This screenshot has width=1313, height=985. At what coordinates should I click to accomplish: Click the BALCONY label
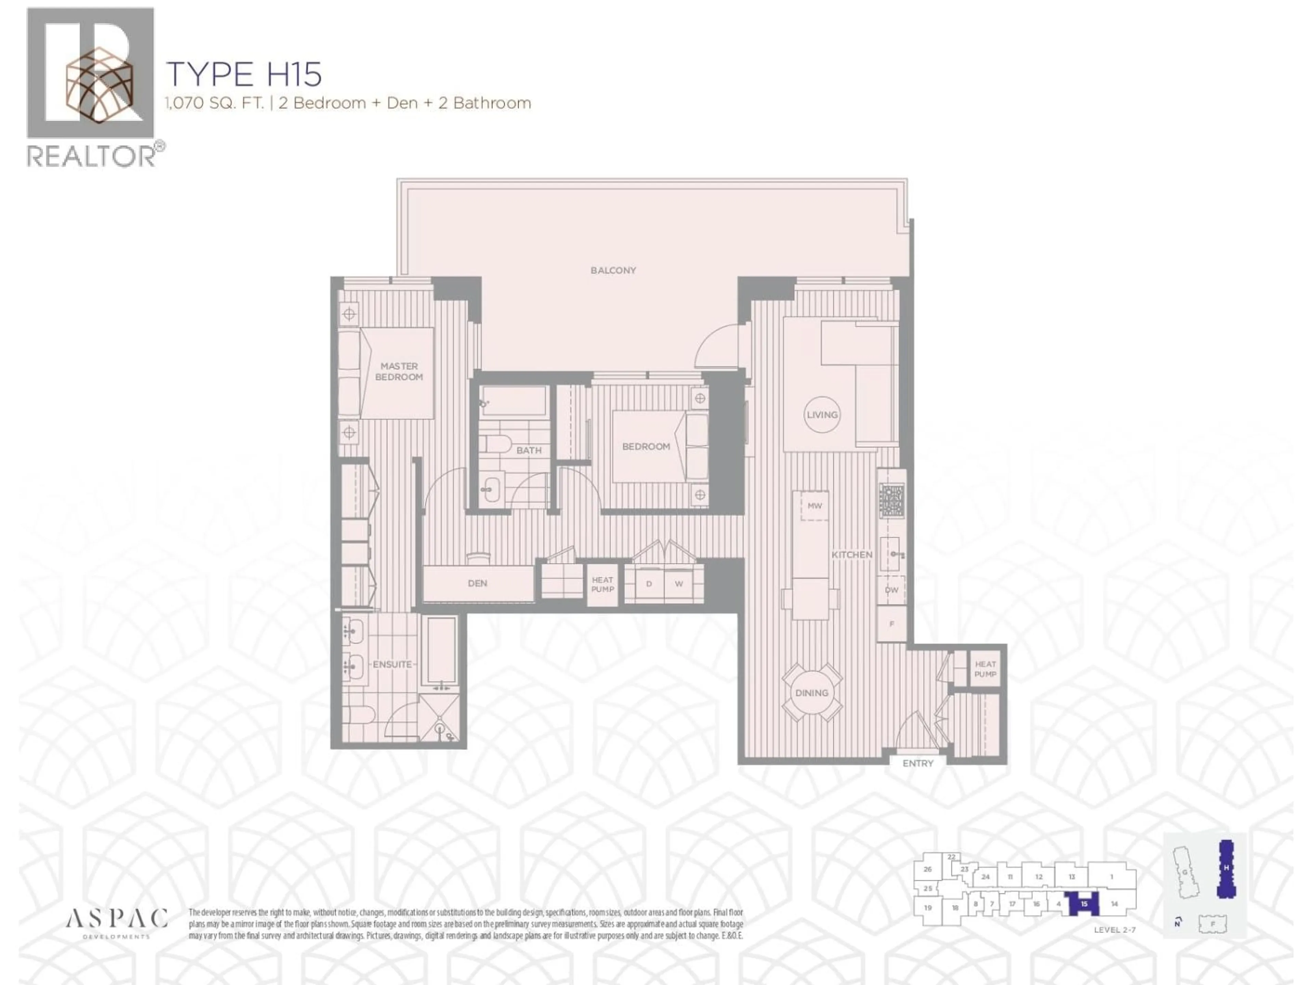[613, 270]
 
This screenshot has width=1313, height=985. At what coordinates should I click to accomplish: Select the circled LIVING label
[822, 415]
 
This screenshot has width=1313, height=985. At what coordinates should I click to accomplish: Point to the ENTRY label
[918, 763]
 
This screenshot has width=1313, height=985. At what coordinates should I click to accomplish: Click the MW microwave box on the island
[814, 506]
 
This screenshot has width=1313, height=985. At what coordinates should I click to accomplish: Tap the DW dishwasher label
[891, 590]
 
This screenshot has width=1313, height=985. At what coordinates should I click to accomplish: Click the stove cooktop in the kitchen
[891, 500]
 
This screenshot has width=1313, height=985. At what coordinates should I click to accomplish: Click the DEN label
[477, 583]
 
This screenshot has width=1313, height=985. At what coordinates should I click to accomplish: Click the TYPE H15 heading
[244, 74]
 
